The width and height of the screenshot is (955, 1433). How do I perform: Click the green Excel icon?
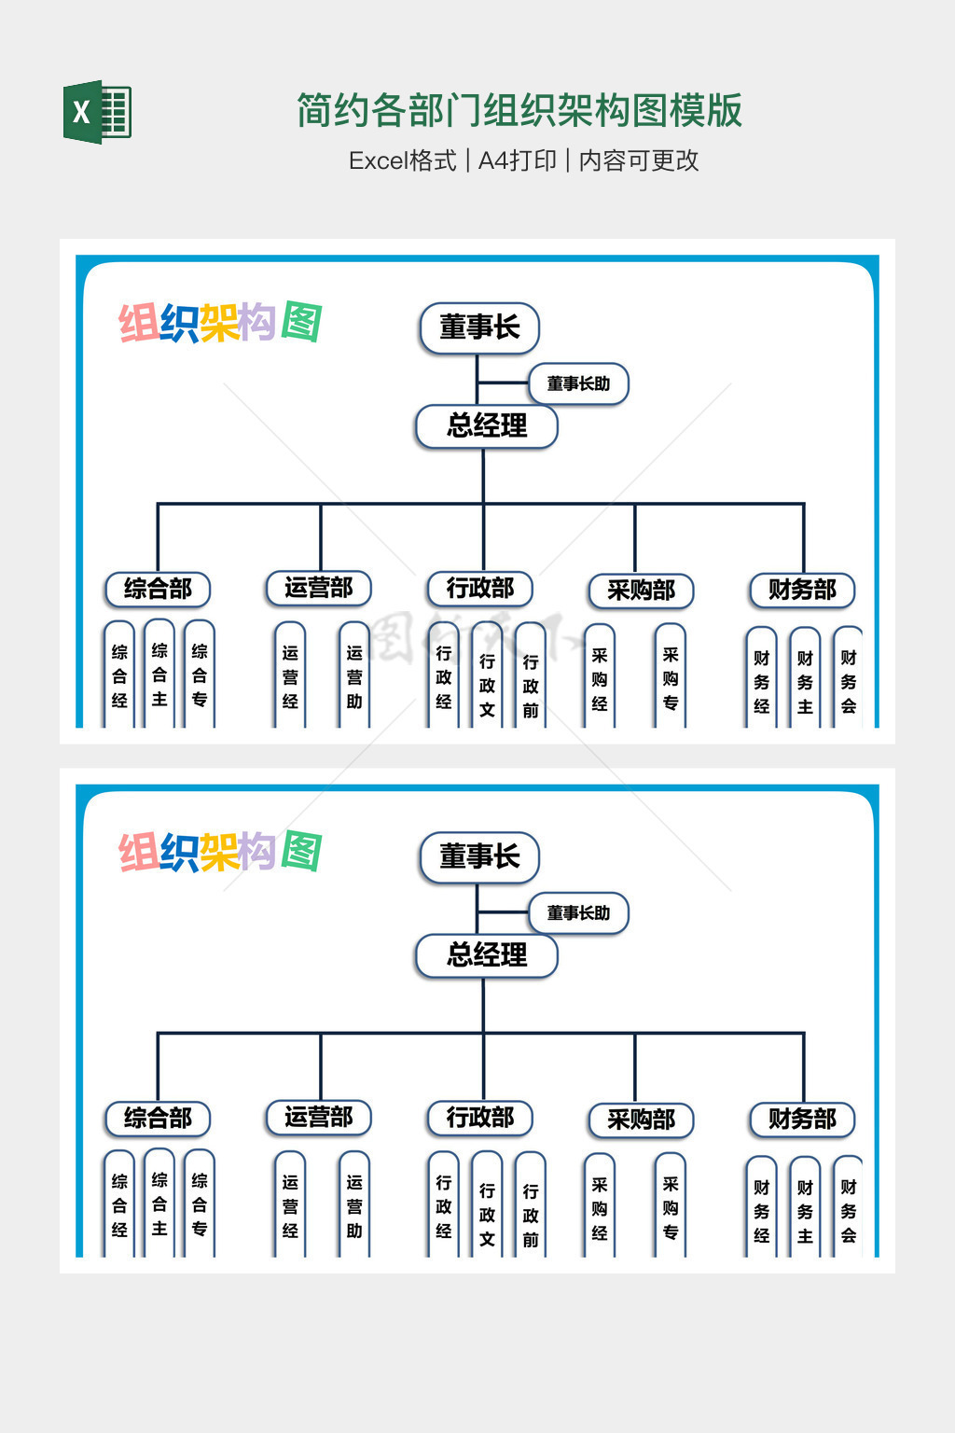click(97, 112)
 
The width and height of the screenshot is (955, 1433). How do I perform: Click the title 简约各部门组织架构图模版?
click(519, 110)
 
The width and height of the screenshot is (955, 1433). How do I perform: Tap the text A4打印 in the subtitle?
click(517, 160)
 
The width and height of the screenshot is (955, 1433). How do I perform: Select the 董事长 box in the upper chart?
click(479, 327)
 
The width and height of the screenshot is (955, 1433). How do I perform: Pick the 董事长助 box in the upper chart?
click(578, 383)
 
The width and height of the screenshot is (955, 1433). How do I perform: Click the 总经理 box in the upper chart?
click(486, 426)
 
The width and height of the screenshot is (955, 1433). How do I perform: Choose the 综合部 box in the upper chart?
click(158, 589)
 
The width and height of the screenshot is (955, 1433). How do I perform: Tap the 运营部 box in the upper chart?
click(319, 588)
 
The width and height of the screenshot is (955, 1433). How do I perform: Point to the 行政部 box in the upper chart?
click(479, 589)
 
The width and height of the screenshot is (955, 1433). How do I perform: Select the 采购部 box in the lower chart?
click(641, 1120)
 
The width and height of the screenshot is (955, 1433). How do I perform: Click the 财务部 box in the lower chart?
click(802, 1119)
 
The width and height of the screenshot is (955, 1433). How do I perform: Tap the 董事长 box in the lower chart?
click(479, 856)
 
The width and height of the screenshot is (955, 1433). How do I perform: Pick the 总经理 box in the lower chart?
click(486, 955)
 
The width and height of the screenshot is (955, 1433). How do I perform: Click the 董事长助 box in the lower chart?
click(578, 912)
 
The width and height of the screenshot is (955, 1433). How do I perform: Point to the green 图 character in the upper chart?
click(301, 323)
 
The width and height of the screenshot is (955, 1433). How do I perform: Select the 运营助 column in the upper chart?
click(354, 675)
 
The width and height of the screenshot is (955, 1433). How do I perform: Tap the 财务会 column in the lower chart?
click(848, 1209)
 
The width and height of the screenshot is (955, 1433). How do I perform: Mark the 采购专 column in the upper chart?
click(671, 677)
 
